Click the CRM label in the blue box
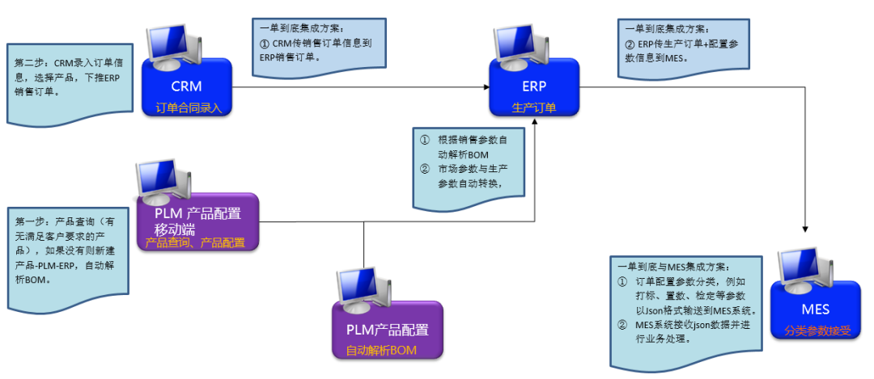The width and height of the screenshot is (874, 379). pyautogui.click(x=186, y=86)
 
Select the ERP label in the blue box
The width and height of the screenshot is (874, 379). pyautogui.click(x=534, y=86)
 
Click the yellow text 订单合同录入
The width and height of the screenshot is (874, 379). pyautogui.click(x=188, y=107)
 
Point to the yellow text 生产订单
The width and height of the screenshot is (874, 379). pyautogui.click(x=534, y=107)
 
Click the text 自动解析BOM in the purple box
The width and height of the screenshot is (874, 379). pyautogui.click(x=388, y=350)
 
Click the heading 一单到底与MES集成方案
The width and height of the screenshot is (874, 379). pyautogui.click(x=672, y=267)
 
